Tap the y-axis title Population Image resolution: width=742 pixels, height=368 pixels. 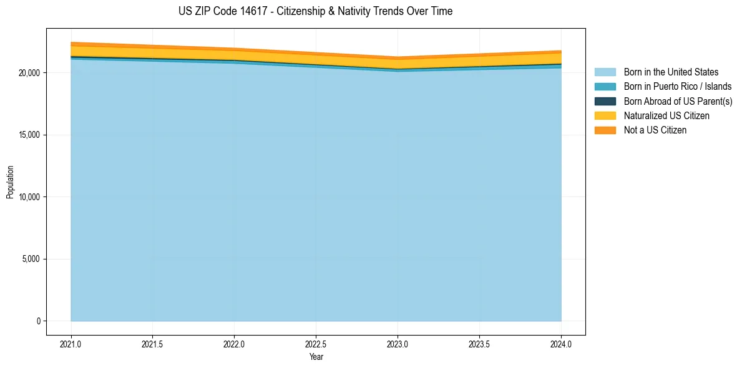pos(10,182)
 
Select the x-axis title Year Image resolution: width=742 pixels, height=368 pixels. pos(316,357)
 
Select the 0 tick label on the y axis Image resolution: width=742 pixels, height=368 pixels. pos(38,321)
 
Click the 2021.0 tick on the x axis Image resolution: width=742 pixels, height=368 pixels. pos(71,344)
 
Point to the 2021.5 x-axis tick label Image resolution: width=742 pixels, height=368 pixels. pos(153,344)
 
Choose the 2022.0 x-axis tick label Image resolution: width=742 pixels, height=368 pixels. pos(234,344)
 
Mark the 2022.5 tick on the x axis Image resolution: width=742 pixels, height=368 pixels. pos(316,344)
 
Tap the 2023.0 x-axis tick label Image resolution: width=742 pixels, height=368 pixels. pos(398,344)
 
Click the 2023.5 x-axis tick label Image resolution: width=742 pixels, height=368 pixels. pos(479,344)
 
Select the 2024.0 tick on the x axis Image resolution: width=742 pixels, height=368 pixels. pos(561,344)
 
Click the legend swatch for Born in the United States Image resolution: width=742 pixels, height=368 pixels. pos(605,72)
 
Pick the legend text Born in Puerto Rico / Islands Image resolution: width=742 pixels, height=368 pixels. pos(678,87)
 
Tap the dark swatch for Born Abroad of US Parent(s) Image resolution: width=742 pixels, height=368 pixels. pos(605,101)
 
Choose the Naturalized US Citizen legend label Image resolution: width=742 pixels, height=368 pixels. pos(666,115)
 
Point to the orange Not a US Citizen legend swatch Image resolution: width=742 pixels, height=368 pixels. pos(605,130)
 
